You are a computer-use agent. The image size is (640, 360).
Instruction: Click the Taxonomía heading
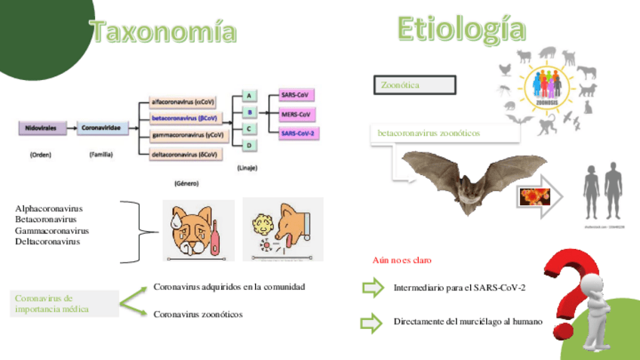point(163,32)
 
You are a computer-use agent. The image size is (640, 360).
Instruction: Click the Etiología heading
point(461,29)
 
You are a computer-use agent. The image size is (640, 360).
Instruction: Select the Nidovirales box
point(44,128)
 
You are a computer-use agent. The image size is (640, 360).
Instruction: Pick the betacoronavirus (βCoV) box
point(185,118)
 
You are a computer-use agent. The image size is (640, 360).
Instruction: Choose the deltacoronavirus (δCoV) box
point(185,155)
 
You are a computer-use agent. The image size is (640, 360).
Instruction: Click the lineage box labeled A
point(248,96)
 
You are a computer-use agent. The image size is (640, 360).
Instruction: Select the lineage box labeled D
point(248,146)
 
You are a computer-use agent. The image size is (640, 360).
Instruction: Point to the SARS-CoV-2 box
point(297,134)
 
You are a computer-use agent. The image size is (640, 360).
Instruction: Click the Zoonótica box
point(414,85)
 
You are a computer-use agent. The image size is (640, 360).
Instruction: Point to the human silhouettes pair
point(603,192)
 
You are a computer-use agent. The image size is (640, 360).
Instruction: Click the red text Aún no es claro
point(402,260)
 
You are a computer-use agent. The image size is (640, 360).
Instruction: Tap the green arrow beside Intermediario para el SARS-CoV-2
point(372,288)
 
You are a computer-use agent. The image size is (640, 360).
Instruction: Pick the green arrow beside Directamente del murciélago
point(372,323)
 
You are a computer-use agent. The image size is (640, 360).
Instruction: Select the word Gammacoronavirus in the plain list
point(51,230)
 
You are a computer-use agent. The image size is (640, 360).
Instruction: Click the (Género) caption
point(185,183)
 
